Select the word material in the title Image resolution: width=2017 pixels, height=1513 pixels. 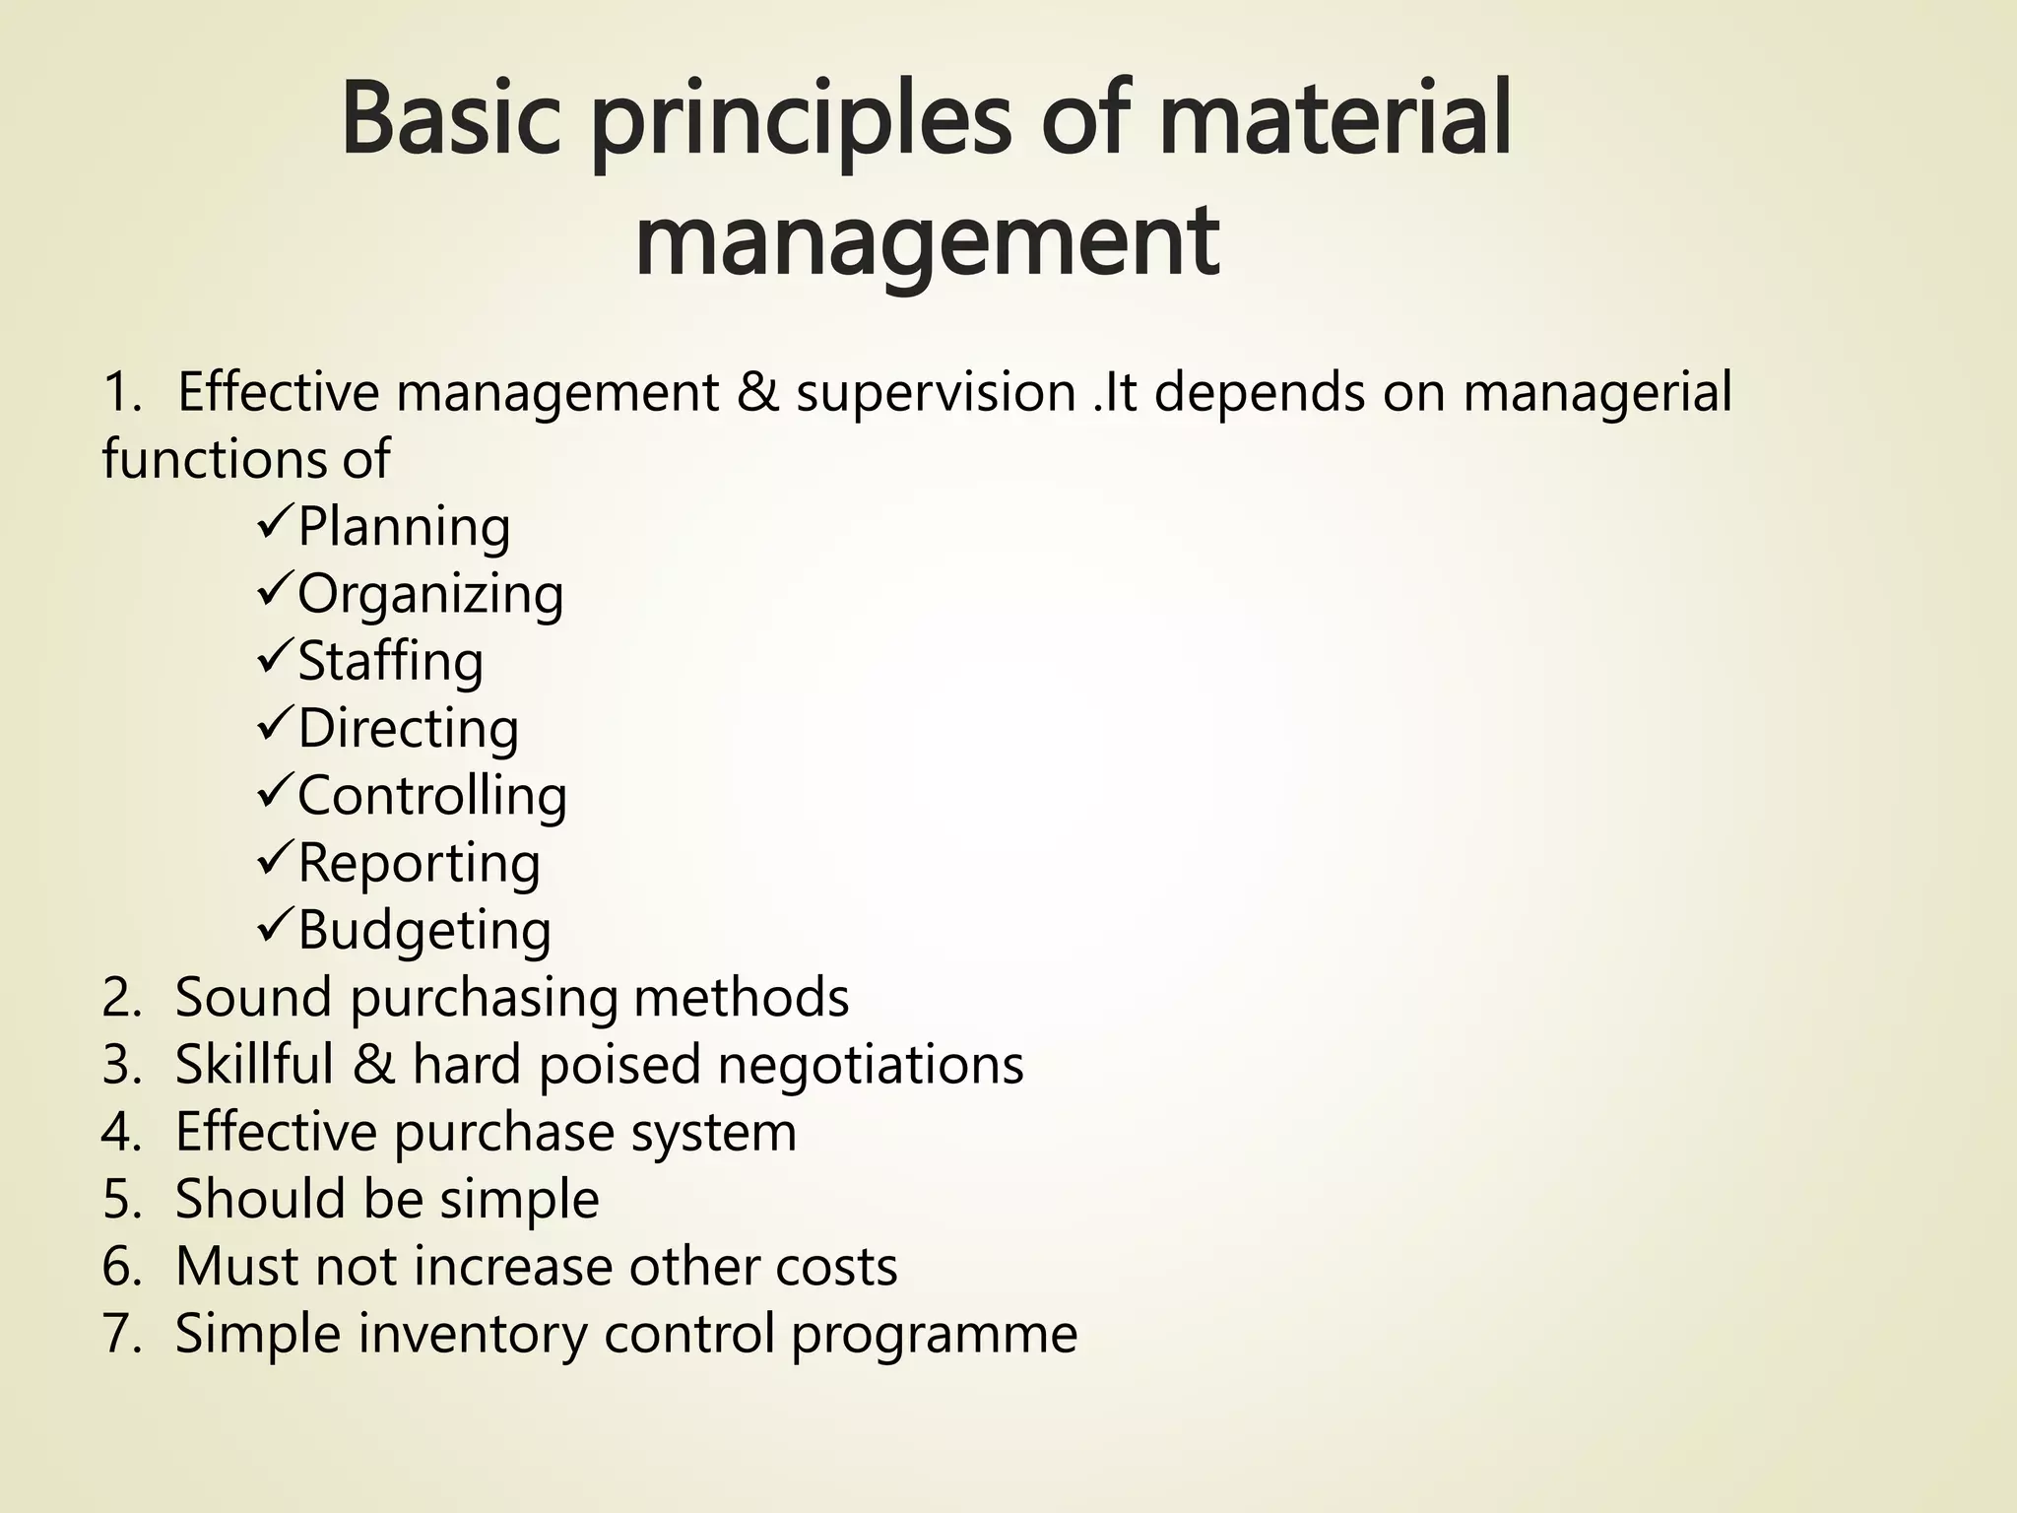tap(1334, 120)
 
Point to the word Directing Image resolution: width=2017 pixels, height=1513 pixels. tap(408, 730)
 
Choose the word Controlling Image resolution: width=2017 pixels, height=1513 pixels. tap(432, 796)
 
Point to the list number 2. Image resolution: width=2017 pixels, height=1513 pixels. tap(121, 998)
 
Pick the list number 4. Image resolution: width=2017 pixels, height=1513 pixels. tap(121, 1133)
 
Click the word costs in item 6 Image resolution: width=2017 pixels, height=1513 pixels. tap(836, 1267)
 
